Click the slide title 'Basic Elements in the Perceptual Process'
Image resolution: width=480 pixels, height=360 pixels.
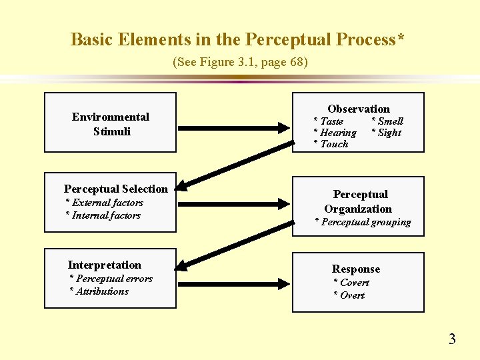pos(237,39)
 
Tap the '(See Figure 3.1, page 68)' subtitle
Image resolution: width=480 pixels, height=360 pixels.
pos(240,62)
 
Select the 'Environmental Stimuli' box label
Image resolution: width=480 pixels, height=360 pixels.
pos(111,124)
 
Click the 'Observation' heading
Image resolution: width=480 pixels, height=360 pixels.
pos(359,109)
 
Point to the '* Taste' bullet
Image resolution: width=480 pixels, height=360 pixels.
pos(329,121)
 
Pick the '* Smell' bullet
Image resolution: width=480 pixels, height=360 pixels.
pos(387,121)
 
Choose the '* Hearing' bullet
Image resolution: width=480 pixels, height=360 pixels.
pos(335,133)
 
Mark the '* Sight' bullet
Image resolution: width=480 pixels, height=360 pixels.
pos(386,133)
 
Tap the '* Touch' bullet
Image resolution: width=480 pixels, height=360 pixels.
pos(331,144)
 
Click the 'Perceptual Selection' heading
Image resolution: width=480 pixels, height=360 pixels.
pos(116,189)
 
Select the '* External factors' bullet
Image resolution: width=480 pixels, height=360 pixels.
pos(105,203)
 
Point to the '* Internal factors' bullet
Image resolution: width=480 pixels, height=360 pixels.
pos(103,215)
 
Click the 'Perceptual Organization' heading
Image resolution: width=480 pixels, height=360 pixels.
pos(359,201)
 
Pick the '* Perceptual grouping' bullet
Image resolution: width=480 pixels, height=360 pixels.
pos(363,222)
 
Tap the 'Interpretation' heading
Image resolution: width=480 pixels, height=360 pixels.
pos(105,265)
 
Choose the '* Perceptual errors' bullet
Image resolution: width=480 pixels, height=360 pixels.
pos(111,279)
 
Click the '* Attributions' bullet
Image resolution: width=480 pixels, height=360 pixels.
pos(99,291)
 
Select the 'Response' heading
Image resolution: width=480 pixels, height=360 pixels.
pos(356,269)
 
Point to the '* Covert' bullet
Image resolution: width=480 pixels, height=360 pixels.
pos(351,283)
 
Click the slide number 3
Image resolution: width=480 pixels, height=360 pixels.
pos(452,339)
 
